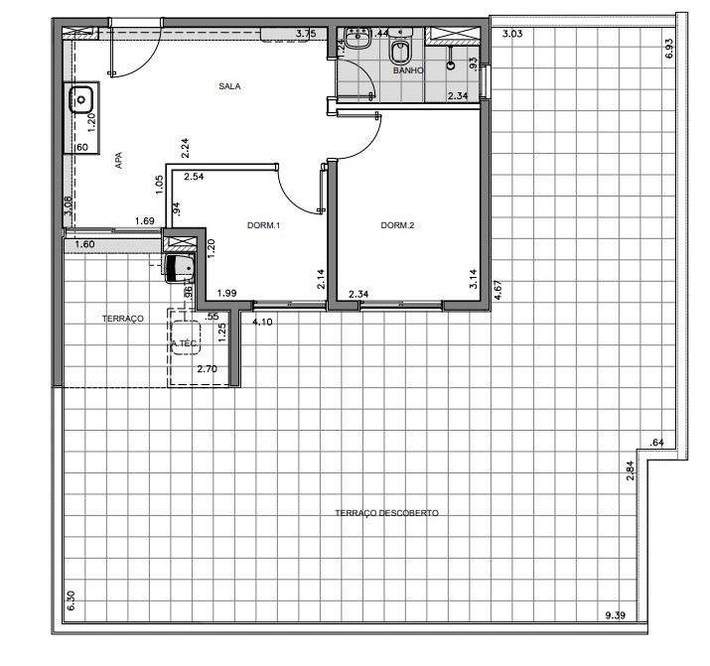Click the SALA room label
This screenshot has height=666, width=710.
[230, 86]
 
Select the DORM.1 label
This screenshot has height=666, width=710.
[264, 226]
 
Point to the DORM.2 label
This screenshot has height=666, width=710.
[397, 225]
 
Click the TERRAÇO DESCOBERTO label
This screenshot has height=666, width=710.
[387, 513]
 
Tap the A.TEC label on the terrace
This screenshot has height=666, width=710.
[185, 344]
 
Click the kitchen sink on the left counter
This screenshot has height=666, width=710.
[79, 99]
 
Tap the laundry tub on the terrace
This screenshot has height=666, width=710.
[180, 267]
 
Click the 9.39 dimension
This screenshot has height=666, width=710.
[617, 615]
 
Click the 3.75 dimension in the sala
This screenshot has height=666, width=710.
[306, 34]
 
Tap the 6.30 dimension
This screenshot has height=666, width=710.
[69, 600]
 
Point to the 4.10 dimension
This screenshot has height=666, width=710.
[262, 323]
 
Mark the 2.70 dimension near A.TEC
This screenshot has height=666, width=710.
[207, 369]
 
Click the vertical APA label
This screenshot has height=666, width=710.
[118, 162]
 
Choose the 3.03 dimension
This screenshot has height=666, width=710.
[512, 35]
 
